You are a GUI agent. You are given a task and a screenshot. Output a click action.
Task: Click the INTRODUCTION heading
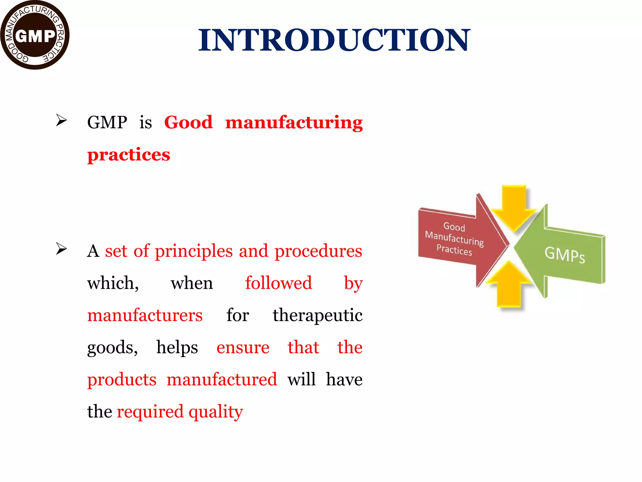pyautogui.click(x=334, y=40)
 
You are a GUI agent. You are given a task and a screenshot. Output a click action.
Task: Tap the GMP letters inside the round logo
pyautogui.click(x=35, y=36)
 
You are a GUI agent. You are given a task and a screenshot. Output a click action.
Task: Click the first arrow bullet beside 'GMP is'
pyautogui.click(x=61, y=120)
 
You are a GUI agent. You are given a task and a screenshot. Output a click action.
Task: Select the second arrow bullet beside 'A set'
pyautogui.click(x=61, y=249)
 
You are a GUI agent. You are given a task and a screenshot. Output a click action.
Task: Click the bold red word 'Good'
pyautogui.click(x=188, y=122)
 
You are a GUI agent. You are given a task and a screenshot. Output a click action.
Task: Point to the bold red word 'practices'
pyautogui.click(x=129, y=155)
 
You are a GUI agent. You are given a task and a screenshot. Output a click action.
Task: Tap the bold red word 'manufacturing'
pyautogui.click(x=294, y=122)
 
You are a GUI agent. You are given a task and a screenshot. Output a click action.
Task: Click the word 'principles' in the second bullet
pyautogui.click(x=194, y=251)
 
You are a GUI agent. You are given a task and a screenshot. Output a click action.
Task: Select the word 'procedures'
pyautogui.click(x=318, y=251)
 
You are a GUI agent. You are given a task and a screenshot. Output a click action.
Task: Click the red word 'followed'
pyautogui.click(x=278, y=283)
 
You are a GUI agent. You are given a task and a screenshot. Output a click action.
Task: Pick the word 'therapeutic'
pyautogui.click(x=318, y=315)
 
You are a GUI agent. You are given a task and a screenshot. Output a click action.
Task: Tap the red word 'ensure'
pyautogui.click(x=243, y=347)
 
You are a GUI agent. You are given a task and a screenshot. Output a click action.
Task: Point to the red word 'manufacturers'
pyautogui.click(x=145, y=315)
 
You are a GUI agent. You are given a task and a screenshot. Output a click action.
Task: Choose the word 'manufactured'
pyautogui.click(x=222, y=379)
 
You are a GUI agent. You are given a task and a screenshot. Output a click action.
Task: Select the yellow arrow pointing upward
pyautogui.click(x=509, y=284)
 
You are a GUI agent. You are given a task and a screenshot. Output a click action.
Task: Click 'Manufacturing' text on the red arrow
pyautogui.click(x=454, y=238)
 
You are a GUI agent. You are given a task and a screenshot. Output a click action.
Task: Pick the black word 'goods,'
pyautogui.click(x=112, y=347)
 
